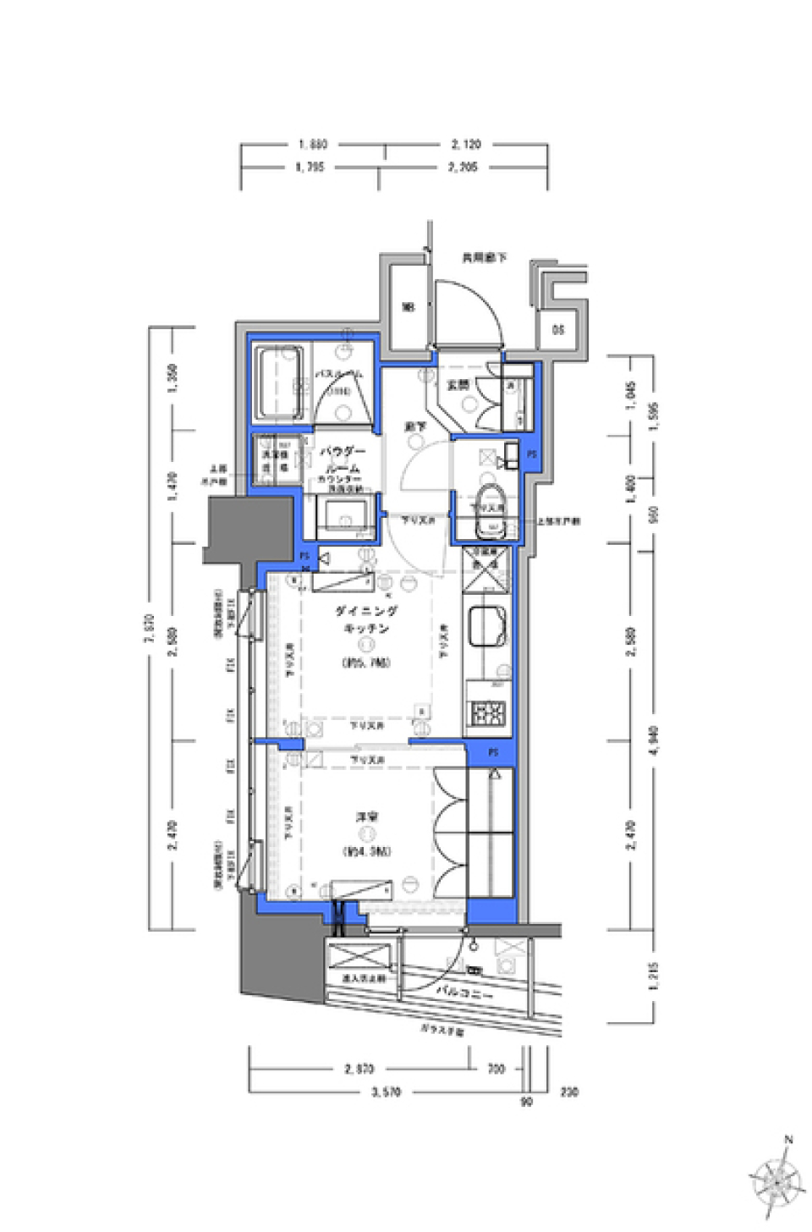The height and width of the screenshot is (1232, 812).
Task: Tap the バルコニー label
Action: click(x=465, y=989)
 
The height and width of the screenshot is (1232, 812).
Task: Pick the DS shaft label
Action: click(x=558, y=330)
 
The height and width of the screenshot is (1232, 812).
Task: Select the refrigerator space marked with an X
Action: click(x=488, y=575)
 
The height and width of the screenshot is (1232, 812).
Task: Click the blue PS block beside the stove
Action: click(x=493, y=751)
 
